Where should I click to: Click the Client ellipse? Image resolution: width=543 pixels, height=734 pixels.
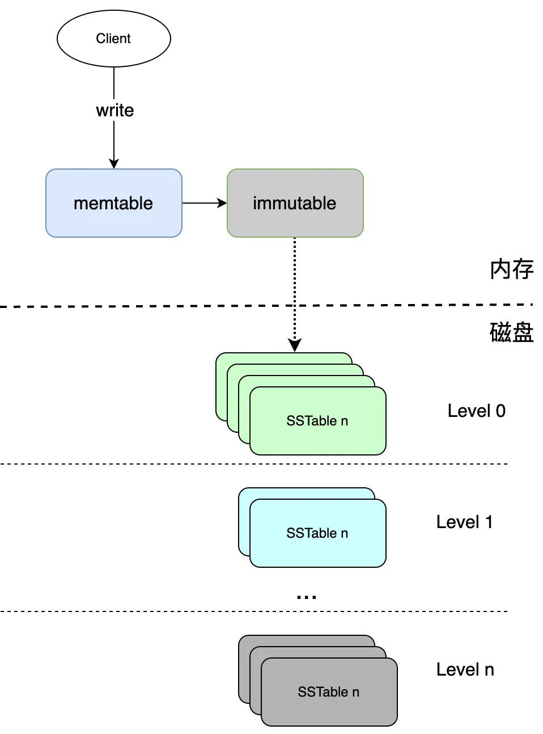[113, 39]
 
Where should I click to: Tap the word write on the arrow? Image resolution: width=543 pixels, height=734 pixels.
[114, 110]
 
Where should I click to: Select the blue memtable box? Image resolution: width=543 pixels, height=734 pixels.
[114, 203]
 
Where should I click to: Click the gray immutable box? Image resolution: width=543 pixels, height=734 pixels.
[295, 203]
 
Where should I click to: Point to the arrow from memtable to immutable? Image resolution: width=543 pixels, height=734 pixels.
[205, 203]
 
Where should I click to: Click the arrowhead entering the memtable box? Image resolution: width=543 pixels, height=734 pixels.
[114, 163]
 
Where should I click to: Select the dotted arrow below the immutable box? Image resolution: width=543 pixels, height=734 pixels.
[295, 294]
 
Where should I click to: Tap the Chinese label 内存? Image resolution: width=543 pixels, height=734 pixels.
[511, 269]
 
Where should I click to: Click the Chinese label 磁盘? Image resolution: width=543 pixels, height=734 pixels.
[511, 332]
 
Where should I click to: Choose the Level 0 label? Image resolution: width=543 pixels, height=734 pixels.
[477, 411]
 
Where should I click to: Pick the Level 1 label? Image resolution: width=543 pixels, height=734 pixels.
[464, 522]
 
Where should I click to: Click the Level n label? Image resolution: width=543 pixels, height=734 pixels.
[465, 669]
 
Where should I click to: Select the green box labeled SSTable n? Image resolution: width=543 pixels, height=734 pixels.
[318, 421]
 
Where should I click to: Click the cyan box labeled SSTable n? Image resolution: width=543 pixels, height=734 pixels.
[318, 533]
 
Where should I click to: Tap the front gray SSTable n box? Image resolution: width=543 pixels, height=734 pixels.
[329, 692]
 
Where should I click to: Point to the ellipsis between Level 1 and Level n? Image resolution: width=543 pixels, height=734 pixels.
[307, 597]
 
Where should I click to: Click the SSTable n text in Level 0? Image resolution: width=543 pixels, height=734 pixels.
[317, 421]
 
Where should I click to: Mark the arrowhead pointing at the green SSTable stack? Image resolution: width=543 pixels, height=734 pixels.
[295, 345]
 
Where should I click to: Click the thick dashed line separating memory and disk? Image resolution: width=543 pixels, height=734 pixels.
[266, 305]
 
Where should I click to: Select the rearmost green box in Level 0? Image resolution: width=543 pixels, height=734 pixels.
[221, 387]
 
